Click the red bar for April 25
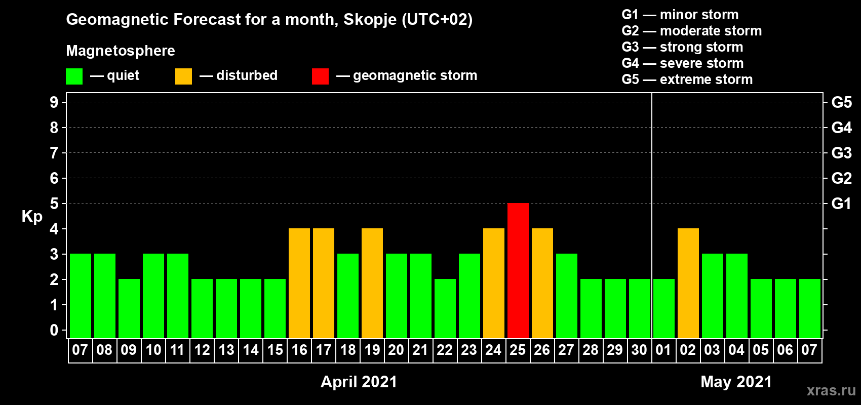[x=518, y=270]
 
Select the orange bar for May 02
[x=688, y=283]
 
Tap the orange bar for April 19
[x=372, y=283]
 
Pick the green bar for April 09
[x=129, y=308]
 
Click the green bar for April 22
[x=445, y=308]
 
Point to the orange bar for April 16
[x=299, y=283]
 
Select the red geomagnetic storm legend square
[x=320, y=76]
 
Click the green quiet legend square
[x=74, y=76]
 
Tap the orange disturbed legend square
[x=183, y=76]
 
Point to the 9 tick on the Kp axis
[x=54, y=102]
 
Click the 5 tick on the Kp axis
[x=54, y=204]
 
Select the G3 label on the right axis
[x=841, y=153]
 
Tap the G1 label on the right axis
[x=841, y=204]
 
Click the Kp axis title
[x=32, y=217]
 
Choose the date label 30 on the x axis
[x=639, y=350]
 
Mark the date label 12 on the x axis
[x=202, y=350]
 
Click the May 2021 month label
[x=736, y=382]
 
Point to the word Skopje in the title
[x=370, y=20]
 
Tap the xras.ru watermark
[x=831, y=390]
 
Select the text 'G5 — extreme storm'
[x=687, y=79]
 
